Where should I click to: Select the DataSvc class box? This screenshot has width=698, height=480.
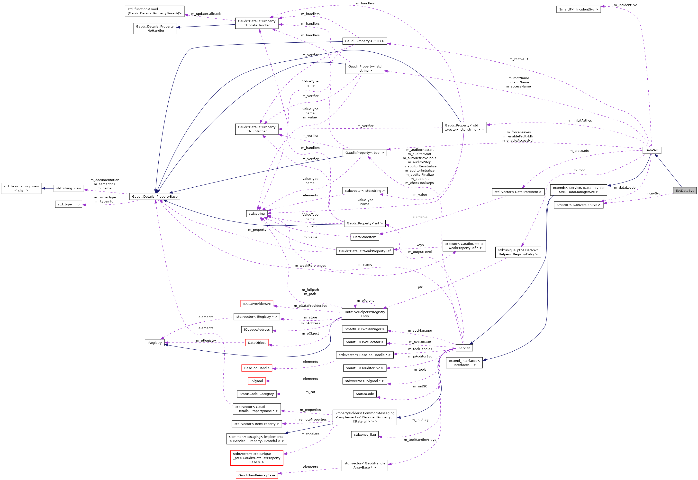pos(652,150)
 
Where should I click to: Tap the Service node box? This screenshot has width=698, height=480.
pos(464,348)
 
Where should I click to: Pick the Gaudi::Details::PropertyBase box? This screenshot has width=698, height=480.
pos(154,196)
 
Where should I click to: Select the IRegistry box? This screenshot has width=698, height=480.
pos(154,343)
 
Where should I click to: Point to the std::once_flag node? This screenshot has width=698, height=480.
pos(365,435)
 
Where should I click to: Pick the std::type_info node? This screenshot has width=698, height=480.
pos(68,204)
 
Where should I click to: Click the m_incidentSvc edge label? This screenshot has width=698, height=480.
pos(625,5)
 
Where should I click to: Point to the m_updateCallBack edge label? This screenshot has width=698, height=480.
pos(206,14)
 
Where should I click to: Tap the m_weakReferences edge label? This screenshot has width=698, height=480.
pos(310,265)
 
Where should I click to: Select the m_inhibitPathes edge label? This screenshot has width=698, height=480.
pos(579,121)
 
